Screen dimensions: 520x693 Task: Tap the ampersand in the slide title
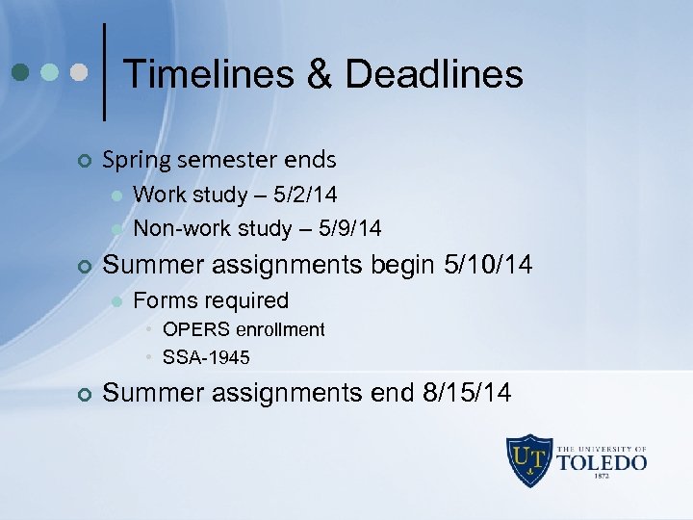click(x=315, y=74)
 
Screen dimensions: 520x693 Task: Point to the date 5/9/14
click(x=348, y=228)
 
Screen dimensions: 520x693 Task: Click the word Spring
click(x=134, y=159)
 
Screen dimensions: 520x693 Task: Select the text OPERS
click(x=192, y=329)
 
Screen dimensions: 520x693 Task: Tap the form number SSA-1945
click(x=206, y=358)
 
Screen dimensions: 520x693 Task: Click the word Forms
click(x=160, y=300)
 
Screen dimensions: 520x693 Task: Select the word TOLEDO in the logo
click(x=603, y=463)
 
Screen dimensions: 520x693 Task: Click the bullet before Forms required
click(x=116, y=301)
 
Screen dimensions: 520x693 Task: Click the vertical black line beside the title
click(x=104, y=72)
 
